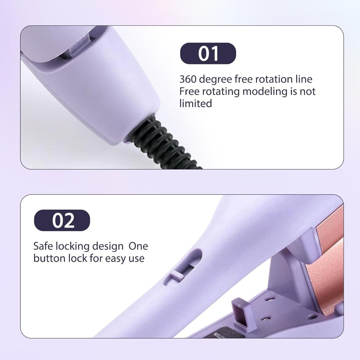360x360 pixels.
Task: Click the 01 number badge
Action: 208,53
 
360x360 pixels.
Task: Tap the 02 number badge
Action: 62,220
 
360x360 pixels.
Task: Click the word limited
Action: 196,103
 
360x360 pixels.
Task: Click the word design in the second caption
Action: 108,247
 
